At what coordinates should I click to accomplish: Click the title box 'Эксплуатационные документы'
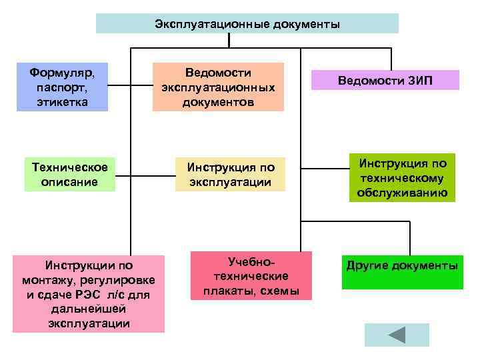247,24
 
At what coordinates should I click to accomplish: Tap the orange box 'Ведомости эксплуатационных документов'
218,87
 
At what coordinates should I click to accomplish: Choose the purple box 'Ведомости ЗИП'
385,80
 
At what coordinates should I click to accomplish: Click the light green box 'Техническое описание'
69,173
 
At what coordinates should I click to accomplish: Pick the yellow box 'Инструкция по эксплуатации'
230,174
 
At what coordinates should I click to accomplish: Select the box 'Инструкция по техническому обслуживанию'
402,178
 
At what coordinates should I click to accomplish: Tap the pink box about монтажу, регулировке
89,294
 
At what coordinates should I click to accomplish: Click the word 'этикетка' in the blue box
62,103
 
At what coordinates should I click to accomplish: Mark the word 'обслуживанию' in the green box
402,193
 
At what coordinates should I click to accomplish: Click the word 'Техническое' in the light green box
69,166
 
